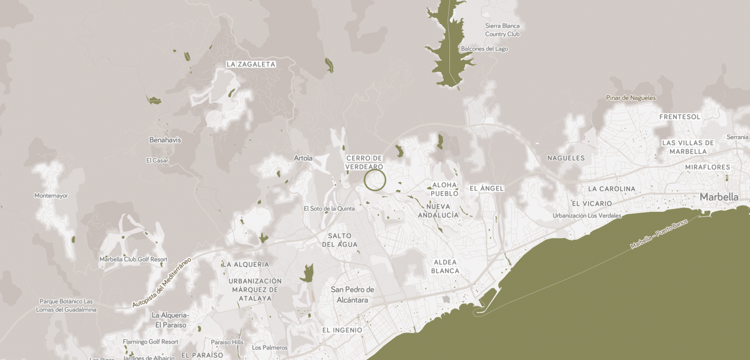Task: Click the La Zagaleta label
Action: [251, 65]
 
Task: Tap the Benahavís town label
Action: [165, 140]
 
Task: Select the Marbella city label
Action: [719, 197]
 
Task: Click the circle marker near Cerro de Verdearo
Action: [375, 180]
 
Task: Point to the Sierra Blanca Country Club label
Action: [502, 30]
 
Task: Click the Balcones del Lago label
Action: [484, 49]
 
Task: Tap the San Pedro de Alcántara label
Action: [352, 295]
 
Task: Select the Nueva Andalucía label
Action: [438, 211]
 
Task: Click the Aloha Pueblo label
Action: [445, 189]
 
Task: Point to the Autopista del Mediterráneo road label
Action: [162, 283]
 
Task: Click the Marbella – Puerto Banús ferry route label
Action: [658, 235]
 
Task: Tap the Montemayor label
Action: [51, 196]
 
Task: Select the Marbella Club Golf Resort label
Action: [133, 259]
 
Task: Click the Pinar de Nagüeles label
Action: [631, 98]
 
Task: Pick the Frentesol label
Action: [680, 117]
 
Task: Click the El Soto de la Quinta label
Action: [329, 209]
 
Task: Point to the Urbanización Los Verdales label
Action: [587, 216]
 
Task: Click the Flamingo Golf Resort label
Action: [151, 342]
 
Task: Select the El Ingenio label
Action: [342, 330]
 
